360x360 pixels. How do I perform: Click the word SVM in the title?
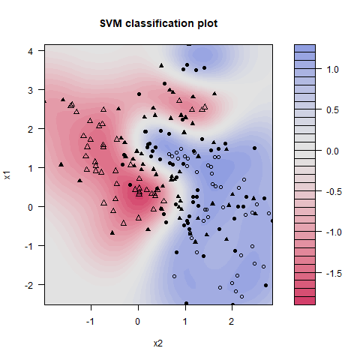111,23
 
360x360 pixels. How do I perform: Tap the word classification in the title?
160,23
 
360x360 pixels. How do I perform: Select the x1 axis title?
7,175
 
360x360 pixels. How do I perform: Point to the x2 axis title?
158,343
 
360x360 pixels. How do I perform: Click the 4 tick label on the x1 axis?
31,51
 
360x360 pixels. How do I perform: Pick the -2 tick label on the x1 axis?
28,285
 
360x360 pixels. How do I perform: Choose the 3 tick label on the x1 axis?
31,90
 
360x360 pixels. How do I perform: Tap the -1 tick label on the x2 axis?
90,322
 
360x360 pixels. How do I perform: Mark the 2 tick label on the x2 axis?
232,322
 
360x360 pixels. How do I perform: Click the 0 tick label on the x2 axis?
138,322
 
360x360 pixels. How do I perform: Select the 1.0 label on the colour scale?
332,70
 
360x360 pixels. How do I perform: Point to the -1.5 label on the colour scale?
334,273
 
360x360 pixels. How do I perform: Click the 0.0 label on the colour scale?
332,151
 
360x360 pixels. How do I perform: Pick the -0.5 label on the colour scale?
334,192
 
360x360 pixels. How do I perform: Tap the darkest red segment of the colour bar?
304,301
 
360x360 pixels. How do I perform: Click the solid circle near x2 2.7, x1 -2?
265,285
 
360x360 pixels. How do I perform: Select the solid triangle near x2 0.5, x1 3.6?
161,65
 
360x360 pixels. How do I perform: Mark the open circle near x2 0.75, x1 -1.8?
174,276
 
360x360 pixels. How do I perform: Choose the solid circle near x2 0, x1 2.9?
139,94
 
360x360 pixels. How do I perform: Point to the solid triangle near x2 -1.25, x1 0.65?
79,180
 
